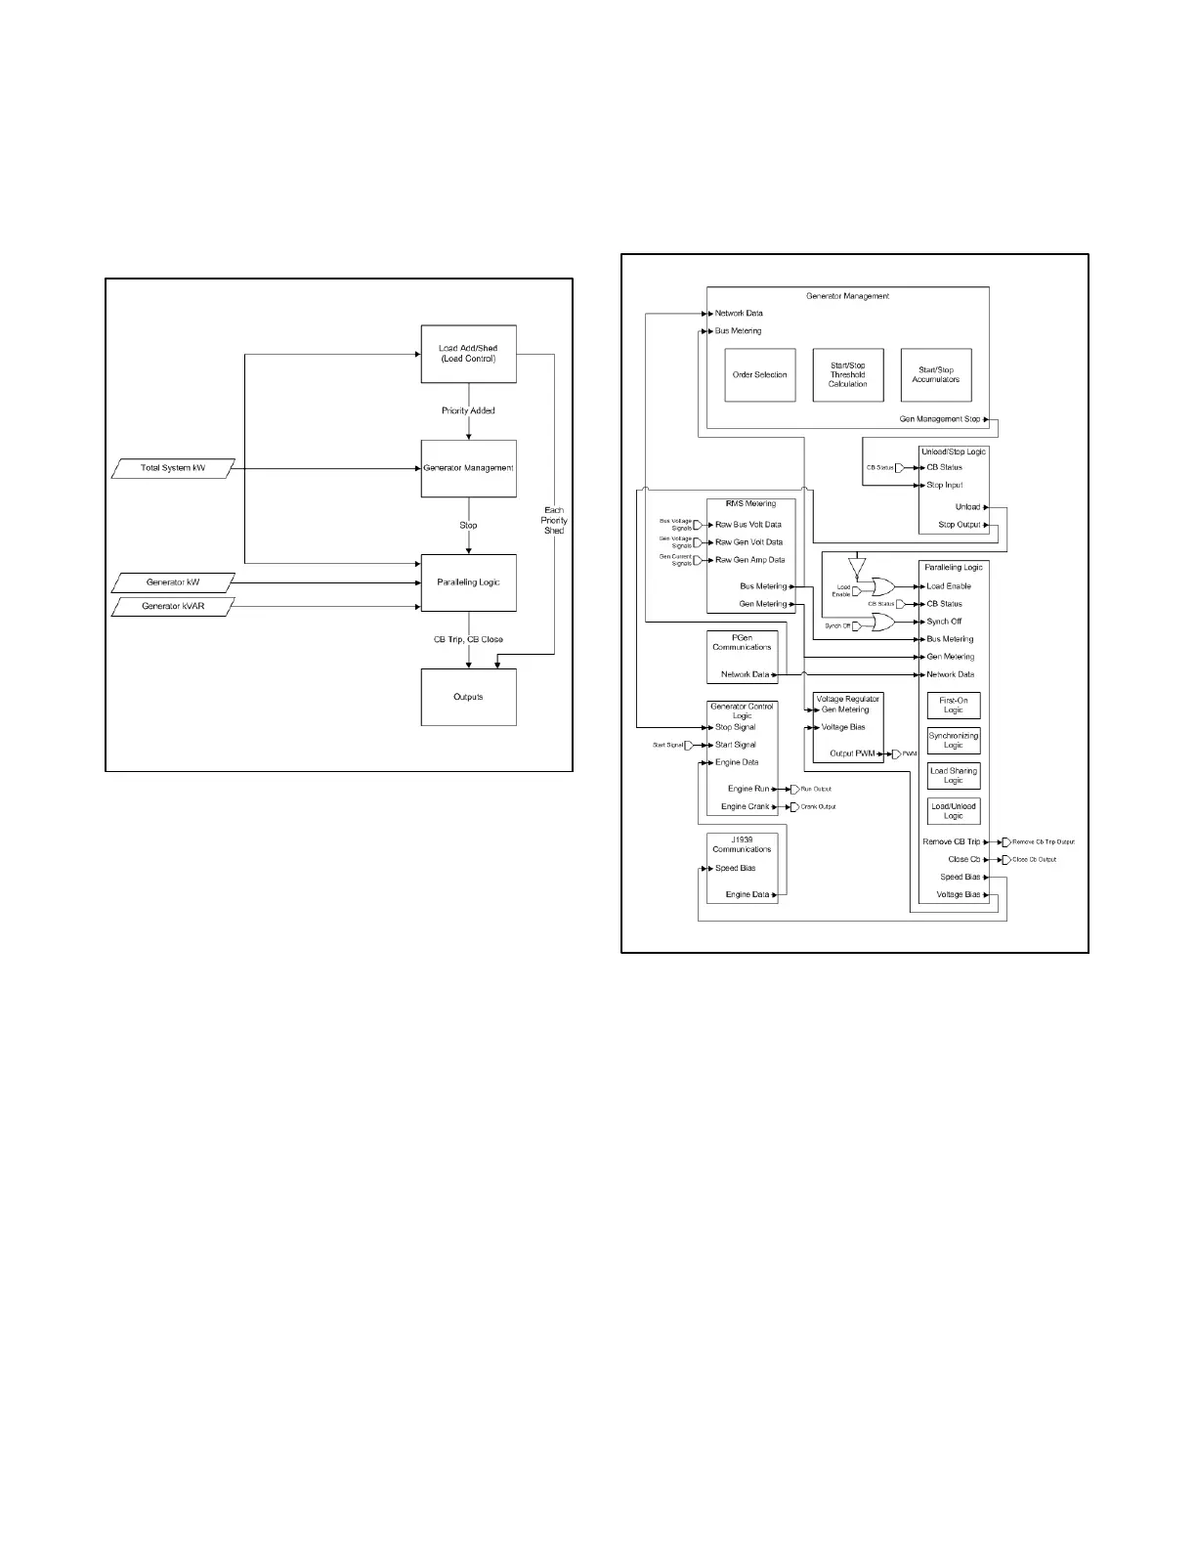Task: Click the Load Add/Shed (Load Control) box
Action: click(468, 354)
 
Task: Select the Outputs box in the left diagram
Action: click(468, 697)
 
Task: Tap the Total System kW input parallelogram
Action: click(173, 469)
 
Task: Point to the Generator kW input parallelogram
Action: click(173, 582)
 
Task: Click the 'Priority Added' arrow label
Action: click(468, 410)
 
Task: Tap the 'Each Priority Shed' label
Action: click(554, 520)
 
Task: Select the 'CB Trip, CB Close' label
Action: click(468, 640)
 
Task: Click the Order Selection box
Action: click(759, 375)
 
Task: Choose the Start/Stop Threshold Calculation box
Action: click(847, 375)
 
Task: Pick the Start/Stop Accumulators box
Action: click(935, 375)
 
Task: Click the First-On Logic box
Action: click(953, 706)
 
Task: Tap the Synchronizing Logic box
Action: click(953, 741)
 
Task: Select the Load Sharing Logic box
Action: click(953, 776)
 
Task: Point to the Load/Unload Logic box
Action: click(953, 811)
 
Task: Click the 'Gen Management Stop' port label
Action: click(940, 419)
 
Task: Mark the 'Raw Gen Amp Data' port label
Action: click(749, 560)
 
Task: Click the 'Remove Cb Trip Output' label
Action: click(1043, 842)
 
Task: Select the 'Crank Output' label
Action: click(818, 807)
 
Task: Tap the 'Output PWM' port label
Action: click(852, 753)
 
